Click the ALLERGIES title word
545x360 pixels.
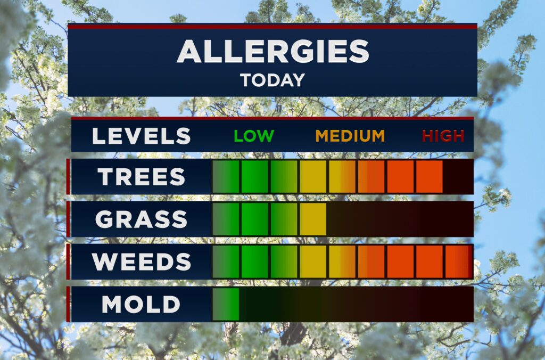point(273,51)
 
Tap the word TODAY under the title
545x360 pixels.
point(272,80)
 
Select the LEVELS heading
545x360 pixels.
point(142,136)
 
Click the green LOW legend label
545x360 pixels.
point(254,136)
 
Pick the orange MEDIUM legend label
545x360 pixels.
point(350,136)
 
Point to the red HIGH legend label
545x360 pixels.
point(443,136)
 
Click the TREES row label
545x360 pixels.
point(141,177)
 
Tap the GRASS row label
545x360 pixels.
point(141,219)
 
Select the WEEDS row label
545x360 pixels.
point(142,261)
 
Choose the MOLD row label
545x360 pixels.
point(141,304)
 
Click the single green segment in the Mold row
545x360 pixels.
point(226,304)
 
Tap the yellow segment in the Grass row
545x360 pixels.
point(313,219)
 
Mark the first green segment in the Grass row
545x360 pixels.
point(226,219)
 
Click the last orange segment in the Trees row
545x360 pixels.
point(430,176)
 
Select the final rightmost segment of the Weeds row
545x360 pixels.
point(458,261)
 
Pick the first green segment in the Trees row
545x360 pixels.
point(226,176)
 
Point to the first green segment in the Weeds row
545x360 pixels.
point(226,261)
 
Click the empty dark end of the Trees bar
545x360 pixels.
point(458,176)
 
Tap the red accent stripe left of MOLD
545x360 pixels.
point(68,304)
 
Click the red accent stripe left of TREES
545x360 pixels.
point(68,176)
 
